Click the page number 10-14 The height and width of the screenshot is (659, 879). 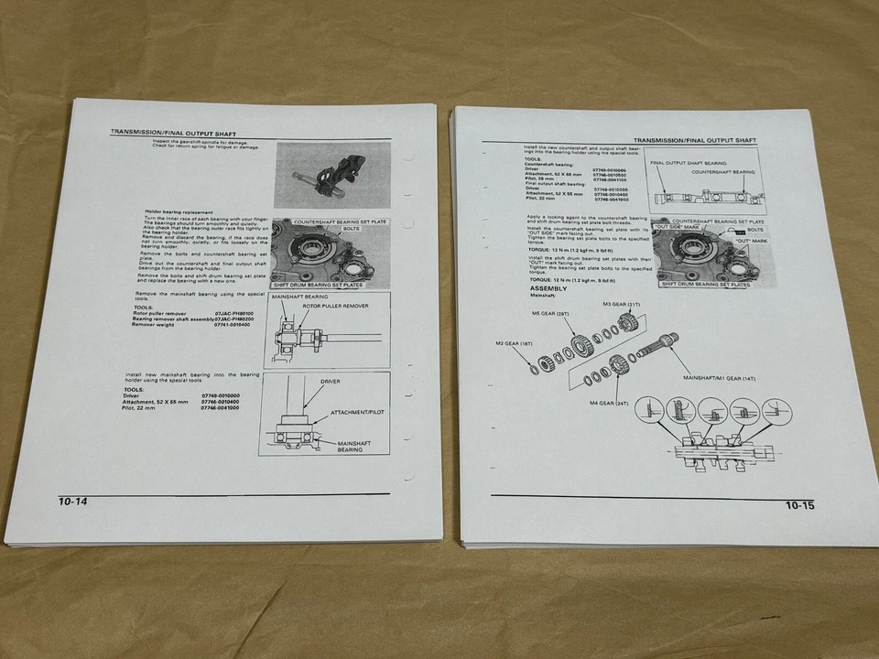[x=73, y=502]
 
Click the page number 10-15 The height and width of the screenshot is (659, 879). [x=799, y=505]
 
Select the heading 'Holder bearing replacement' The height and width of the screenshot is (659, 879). [x=181, y=212]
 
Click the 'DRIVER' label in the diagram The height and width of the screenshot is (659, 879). [x=331, y=381]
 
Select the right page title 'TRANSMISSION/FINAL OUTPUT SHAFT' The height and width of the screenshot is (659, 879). [x=695, y=140]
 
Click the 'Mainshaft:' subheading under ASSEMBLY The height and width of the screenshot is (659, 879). [x=544, y=297]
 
